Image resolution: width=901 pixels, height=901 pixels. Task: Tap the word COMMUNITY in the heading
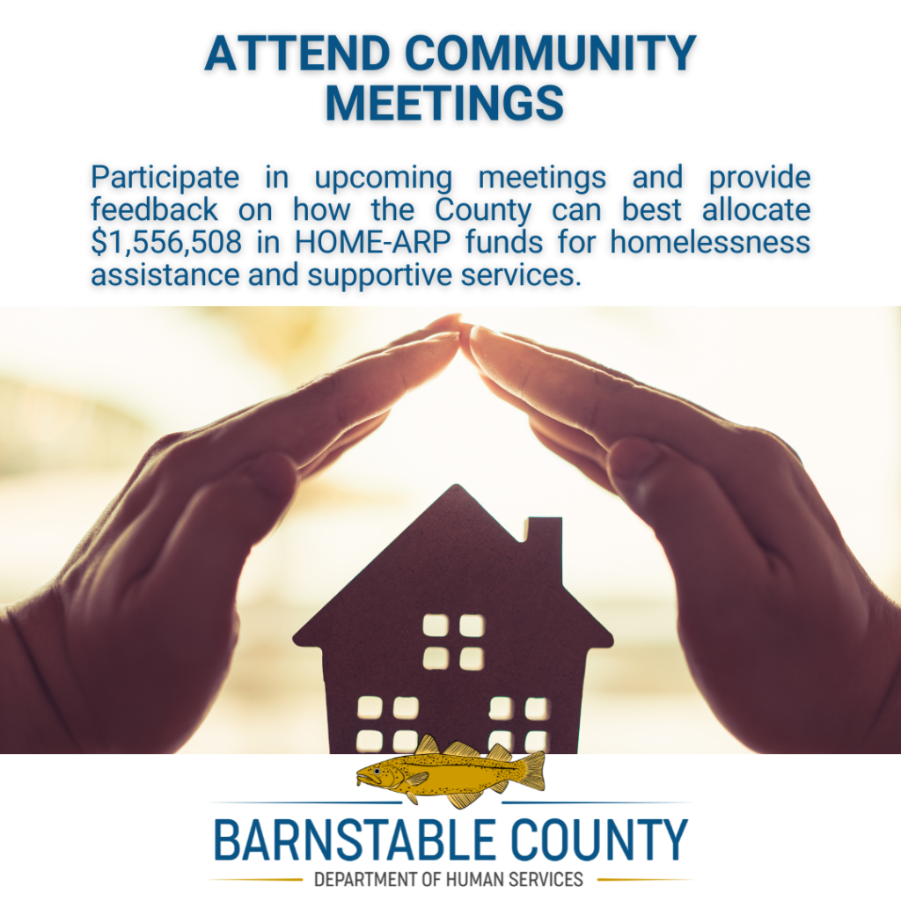[551, 54]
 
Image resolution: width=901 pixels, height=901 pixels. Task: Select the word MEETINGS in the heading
[444, 104]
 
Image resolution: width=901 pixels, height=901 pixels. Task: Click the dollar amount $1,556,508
[166, 242]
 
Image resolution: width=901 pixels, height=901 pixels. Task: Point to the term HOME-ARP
[372, 242]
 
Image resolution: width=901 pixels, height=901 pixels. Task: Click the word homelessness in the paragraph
[710, 242]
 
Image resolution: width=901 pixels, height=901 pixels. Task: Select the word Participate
[165, 178]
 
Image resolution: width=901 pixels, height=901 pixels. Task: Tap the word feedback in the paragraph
[155, 209]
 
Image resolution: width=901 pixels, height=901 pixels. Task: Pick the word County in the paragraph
[483, 210]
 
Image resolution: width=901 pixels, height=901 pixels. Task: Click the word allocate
[756, 209]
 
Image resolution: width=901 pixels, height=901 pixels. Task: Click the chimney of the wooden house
[544, 538]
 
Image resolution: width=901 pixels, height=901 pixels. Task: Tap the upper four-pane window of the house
[453, 641]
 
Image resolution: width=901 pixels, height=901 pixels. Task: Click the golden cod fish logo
[450, 771]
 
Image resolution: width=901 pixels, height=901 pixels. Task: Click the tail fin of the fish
[531, 770]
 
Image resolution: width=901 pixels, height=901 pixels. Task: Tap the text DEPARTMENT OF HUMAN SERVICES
[449, 880]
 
